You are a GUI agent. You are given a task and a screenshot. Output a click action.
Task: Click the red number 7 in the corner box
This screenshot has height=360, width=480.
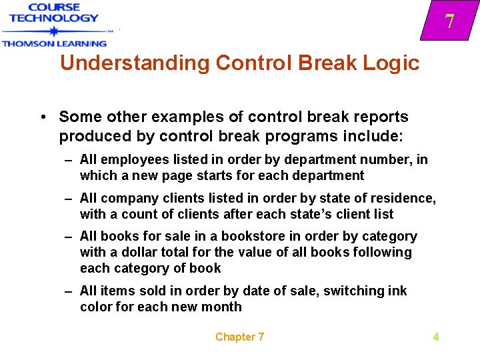[450, 22]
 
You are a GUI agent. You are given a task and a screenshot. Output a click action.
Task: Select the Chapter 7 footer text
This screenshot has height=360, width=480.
[239, 337]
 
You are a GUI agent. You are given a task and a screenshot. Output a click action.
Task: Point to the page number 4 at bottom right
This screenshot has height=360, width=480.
[435, 337]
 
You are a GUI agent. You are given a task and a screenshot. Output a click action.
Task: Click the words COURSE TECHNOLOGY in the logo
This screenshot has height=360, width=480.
[53, 13]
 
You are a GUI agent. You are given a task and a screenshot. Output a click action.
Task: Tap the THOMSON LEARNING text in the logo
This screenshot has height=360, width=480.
[53, 43]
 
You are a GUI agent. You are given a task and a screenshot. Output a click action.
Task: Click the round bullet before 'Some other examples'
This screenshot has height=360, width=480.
[42, 117]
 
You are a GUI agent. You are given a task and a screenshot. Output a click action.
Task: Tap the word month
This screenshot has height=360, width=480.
[223, 307]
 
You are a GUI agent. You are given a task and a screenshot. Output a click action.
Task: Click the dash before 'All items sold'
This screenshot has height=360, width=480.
[68, 291]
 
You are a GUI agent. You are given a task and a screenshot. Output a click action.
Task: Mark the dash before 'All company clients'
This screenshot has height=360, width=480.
[68, 199]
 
